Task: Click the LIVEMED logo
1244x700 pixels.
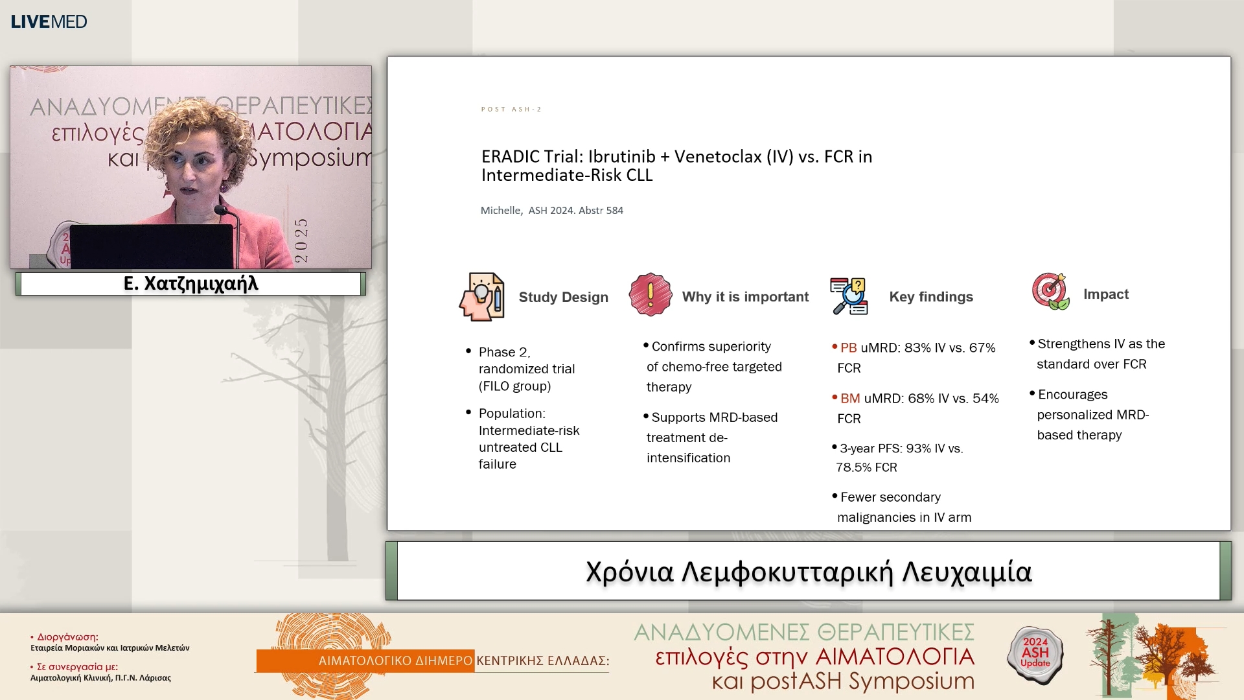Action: pos(49,21)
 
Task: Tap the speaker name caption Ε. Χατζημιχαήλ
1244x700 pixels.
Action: pos(190,284)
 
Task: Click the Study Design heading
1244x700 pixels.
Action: pos(563,297)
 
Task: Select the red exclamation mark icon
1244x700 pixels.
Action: pos(650,295)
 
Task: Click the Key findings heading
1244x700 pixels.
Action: pos(930,296)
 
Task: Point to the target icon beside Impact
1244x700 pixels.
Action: pos(1050,292)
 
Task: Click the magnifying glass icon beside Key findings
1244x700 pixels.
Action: pos(849,296)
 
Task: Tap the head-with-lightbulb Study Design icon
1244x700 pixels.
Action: pos(482,297)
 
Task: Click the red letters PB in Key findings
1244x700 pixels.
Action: pos(848,347)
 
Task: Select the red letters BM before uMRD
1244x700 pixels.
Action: pos(849,398)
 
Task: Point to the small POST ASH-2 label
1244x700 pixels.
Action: pos(511,109)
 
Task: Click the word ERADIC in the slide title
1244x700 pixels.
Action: pos(511,157)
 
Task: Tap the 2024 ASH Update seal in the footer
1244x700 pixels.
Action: pos(1035,653)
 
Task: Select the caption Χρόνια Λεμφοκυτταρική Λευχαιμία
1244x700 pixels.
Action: pos(808,572)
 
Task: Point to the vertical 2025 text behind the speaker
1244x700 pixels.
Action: pos(301,240)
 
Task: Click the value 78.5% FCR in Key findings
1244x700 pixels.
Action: pos(866,467)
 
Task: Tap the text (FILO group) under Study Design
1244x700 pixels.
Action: pos(514,386)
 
